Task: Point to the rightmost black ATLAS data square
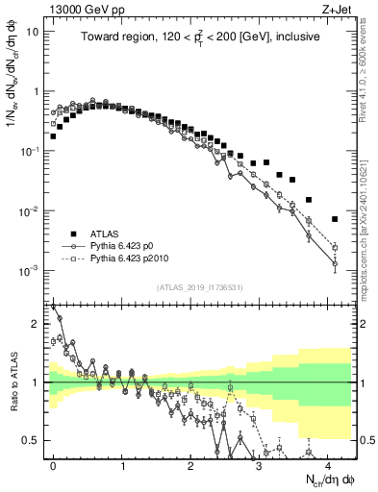(335, 219)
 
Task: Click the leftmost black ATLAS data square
(53, 136)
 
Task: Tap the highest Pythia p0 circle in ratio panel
(60, 318)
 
